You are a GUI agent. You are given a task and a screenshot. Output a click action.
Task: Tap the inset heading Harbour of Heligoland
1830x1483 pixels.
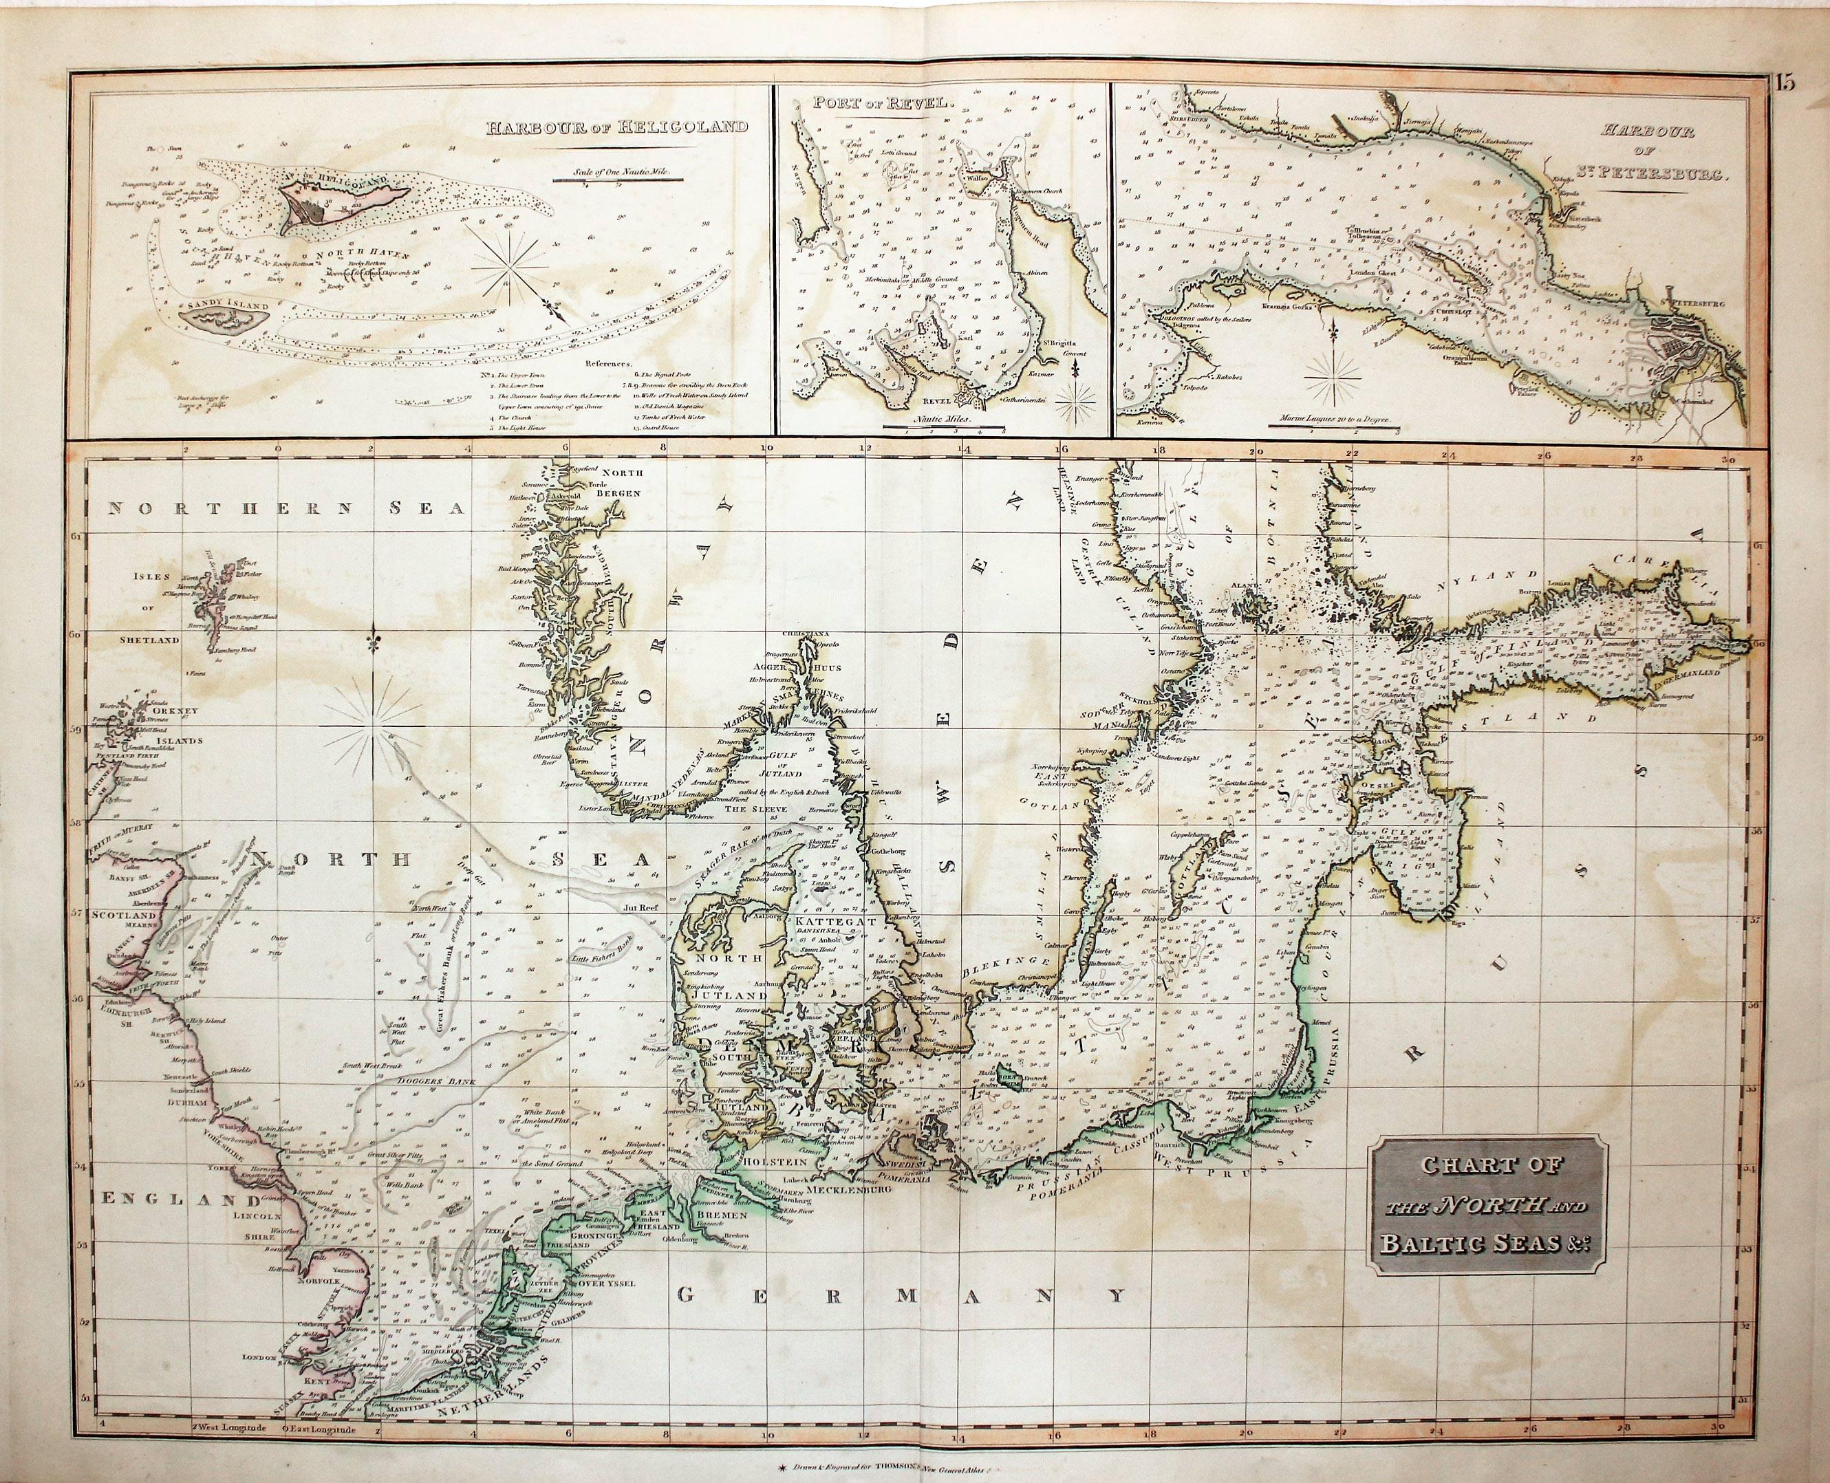point(617,128)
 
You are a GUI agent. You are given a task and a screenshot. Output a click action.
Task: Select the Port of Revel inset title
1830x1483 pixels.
point(893,103)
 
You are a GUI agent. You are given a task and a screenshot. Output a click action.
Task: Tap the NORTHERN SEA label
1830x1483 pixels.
point(285,509)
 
